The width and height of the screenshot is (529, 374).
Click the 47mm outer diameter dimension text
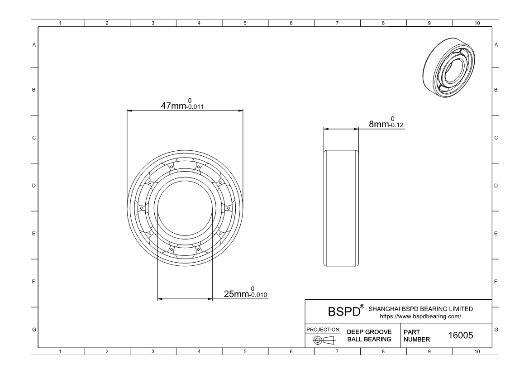coord(173,105)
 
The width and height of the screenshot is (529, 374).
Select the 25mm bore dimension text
coord(236,294)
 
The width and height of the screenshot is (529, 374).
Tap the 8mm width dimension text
coord(379,124)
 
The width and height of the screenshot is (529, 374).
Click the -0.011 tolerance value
coord(195,107)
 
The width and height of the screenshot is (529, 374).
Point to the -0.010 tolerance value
coord(258,295)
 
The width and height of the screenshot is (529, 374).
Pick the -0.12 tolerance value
coord(396,125)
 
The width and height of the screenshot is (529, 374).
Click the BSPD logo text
coord(344,312)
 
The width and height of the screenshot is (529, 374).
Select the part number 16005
coord(461,335)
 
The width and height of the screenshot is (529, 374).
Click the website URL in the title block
coord(420,316)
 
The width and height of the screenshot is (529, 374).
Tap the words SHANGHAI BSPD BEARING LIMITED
coord(421,309)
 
